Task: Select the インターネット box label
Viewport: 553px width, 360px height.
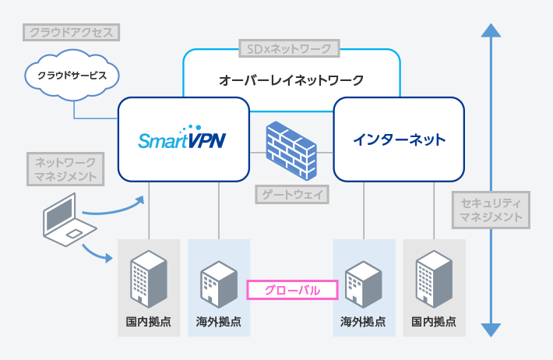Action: pyautogui.click(x=399, y=139)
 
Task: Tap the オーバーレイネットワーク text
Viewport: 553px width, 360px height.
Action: pyautogui.click(x=291, y=79)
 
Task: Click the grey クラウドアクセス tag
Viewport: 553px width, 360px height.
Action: pyautogui.click(x=72, y=33)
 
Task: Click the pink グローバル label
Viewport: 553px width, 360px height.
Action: pyautogui.click(x=292, y=290)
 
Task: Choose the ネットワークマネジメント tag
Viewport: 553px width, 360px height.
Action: pyautogui.click(x=65, y=170)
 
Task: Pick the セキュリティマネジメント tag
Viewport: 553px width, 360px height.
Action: pyautogui.click(x=491, y=210)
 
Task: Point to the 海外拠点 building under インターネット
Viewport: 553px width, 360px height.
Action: pyautogui.click(x=362, y=283)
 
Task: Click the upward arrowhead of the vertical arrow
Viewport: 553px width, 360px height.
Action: pyautogui.click(x=490, y=30)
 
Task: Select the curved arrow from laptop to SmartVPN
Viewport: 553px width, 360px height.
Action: pyautogui.click(x=115, y=207)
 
